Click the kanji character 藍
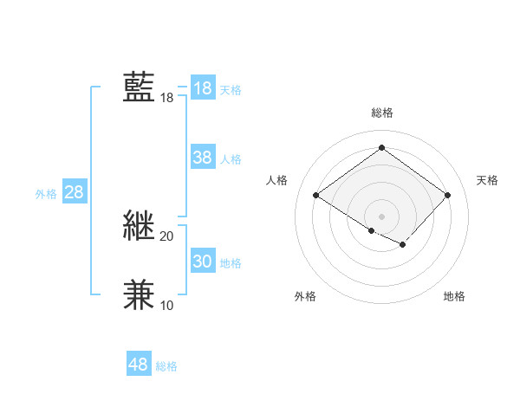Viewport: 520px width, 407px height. click(x=140, y=87)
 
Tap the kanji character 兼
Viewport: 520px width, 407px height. click(x=140, y=294)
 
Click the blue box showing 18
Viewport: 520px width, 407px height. click(x=203, y=88)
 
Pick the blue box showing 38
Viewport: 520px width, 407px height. click(x=203, y=158)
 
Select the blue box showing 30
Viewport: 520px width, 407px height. click(x=203, y=262)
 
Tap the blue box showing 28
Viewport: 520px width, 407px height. click(x=74, y=192)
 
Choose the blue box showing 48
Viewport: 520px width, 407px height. click(x=138, y=365)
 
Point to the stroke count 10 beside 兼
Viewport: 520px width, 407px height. click(x=166, y=305)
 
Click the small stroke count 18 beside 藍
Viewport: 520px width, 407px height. click(x=166, y=98)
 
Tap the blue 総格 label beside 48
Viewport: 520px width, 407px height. click(x=166, y=366)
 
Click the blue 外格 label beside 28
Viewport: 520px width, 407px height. click(x=46, y=194)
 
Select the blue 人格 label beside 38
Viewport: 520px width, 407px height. click(x=231, y=159)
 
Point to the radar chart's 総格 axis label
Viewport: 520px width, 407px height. click(x=381, y=113)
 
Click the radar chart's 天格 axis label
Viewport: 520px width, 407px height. click(x=488, y=180)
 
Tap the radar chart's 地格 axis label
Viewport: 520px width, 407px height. click(x=454, y=296)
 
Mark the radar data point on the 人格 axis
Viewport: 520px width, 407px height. click(x=316, y=195)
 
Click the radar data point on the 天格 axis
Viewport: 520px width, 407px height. click(x=447, y=195)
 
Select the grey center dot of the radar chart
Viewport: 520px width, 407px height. click(x=381, y=216)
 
